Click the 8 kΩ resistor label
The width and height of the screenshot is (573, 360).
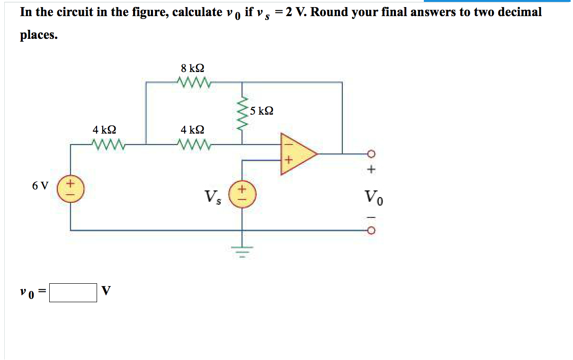(x=192, y=68)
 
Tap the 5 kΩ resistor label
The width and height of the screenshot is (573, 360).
(x=261, y=111)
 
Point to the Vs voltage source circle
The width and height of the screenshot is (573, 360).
(x=242, y=194)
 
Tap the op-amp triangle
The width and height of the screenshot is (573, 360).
(x=296, y=154)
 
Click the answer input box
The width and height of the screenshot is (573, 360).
(x=73, y=292)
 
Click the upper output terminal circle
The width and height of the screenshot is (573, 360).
(x=371, y=153)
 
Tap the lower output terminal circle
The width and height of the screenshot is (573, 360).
(x=371, y=231)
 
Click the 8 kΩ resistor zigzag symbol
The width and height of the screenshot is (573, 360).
(x=192, y=82)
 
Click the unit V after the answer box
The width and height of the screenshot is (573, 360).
(x=106, y=291)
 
